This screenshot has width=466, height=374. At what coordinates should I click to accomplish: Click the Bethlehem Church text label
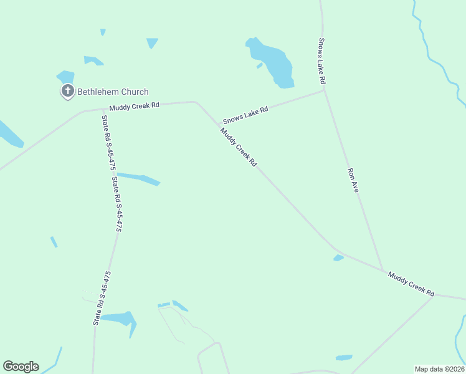pyautogui.click(x=112, y=92)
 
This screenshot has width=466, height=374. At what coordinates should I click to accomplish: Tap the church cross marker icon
pyautogui.click(x=67, y=92)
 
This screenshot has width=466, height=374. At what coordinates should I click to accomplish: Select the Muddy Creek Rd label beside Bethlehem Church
pyautogui.click(x=134, y=106)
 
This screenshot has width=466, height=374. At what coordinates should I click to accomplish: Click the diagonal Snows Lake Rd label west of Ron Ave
pyautogui.click(x=245, y=115)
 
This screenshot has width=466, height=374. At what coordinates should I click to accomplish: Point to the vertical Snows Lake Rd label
pyautogui.click(x=322, y=62)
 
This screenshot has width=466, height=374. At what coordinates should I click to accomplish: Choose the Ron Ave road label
pyautogui.click(x=353, y=180)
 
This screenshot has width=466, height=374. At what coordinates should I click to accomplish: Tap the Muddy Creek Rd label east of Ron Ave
pyautogui.click(x=411, y=282)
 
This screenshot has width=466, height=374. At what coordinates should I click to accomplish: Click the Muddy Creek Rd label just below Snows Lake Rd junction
pyautogui.click(x=238, y=146)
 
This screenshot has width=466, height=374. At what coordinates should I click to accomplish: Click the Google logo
pyautogui.click(x=21, y=367)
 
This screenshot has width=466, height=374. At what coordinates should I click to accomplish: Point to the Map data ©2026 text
pyautogui.click(x=439, y=369)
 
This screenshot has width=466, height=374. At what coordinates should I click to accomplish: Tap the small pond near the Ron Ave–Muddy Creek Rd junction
pyautogui.click(x=338, y=257)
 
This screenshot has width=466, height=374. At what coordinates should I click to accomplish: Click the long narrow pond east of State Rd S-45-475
pyautogui.click(x=140, y=179)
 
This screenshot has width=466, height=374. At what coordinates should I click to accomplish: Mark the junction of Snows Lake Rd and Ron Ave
pyautogui.click(x=324, y=91)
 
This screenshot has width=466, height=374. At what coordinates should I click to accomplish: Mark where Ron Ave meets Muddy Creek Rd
pyautogui.click(x=383, y=271)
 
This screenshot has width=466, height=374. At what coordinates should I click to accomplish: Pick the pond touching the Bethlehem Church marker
pyautogui.click(x=65, y=77)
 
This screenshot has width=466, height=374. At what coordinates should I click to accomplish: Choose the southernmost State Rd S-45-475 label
pyautogui.click(x=102, y=298)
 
